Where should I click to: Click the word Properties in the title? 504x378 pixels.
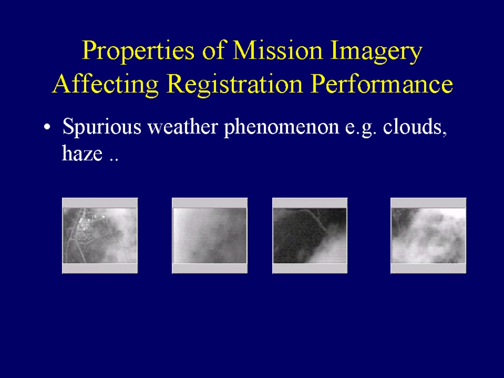tap(138, 51)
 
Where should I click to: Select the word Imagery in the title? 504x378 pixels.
tap(376, 51)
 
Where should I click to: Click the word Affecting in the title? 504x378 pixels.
tap(105, 84)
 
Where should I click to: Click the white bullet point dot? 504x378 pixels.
tap(47, 127)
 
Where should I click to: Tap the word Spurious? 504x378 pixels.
tap(102, 127)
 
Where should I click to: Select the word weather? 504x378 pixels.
tap(183, 126)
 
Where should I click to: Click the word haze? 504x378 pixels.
tap(82, 153)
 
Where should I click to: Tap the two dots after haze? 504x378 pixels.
tap(114, 159)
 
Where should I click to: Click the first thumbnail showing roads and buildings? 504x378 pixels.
tap(100, 236)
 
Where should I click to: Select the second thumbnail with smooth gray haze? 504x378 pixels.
tap(210, 236)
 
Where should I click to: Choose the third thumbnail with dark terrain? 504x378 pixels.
tap(310, 236)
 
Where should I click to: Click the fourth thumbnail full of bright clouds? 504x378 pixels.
tap(428, 236)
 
